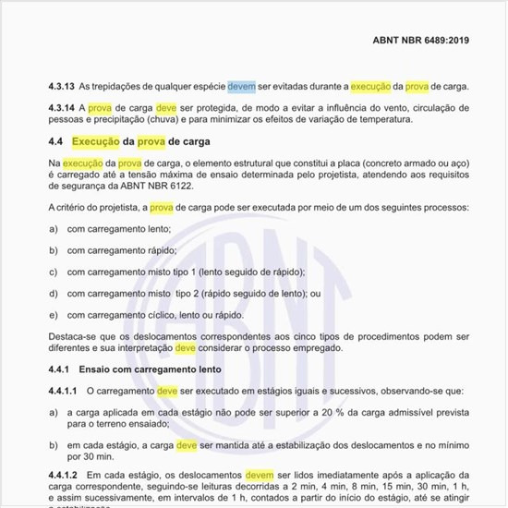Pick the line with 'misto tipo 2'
[193, 293]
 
